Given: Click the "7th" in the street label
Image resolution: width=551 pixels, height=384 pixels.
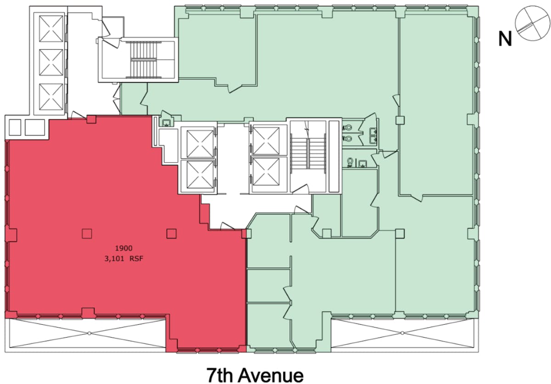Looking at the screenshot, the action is click(x=219, y=375).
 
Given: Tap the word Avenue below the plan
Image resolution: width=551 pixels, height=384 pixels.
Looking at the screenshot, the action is click(x=271, y=375).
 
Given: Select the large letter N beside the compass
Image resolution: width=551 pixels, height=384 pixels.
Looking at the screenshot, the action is click(x=505, y=39).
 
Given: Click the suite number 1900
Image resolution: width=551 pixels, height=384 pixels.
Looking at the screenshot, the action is click(x=124, y=248).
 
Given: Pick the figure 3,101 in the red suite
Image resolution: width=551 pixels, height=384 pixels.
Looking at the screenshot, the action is click(x=113, y=259).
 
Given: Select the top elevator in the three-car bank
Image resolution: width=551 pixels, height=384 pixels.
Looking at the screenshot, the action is click(x=51, y=28).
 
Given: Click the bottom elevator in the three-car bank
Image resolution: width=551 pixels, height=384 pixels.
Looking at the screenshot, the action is click(x=51, y=97).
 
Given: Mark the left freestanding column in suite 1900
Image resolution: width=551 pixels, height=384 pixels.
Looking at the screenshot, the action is click(x=87, y=234).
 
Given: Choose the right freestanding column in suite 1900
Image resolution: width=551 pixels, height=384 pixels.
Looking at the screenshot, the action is click(x=171, y=234).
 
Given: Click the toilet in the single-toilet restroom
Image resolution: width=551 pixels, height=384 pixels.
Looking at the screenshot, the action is click(x=350, y=162).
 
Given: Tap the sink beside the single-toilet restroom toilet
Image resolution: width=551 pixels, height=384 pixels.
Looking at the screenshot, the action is click(x=362, y=164).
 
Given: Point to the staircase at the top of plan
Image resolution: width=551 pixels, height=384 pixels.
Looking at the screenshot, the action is click(x=144, y=60).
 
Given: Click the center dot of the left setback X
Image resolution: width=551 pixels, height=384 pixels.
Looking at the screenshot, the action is click(x=89, y=333).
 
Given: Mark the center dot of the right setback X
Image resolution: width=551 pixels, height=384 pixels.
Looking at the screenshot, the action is click(x=402, y=333).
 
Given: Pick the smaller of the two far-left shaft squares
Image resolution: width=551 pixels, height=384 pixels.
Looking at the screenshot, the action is click(x=15, y=127).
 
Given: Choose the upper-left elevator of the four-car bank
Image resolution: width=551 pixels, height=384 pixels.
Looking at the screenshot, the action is click(x=200, y=144).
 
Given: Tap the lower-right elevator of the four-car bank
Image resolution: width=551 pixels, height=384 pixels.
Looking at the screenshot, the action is click(x=266, y=171).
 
